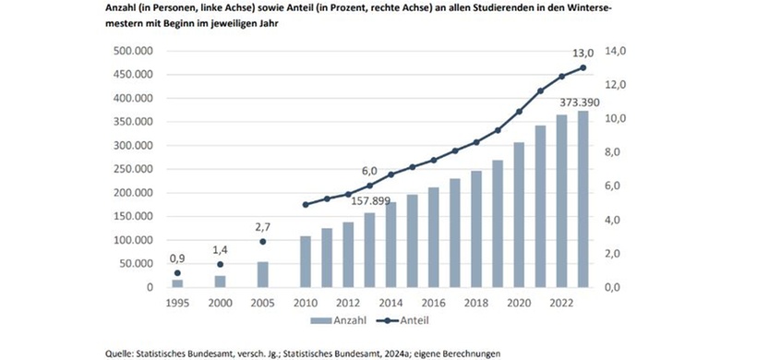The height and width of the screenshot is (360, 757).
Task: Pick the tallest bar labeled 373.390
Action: tap(583, 198)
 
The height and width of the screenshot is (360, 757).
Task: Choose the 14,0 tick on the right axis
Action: tap(617, 51)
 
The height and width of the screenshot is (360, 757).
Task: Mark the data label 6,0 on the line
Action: tap(369, 171)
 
